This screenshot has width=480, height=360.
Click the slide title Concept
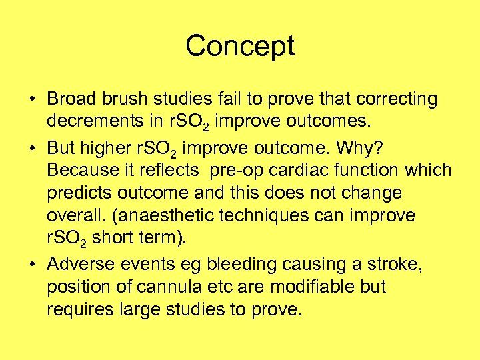[240, 47]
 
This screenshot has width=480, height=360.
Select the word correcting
[397, 99]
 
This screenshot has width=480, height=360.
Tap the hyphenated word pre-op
[232, 170]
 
